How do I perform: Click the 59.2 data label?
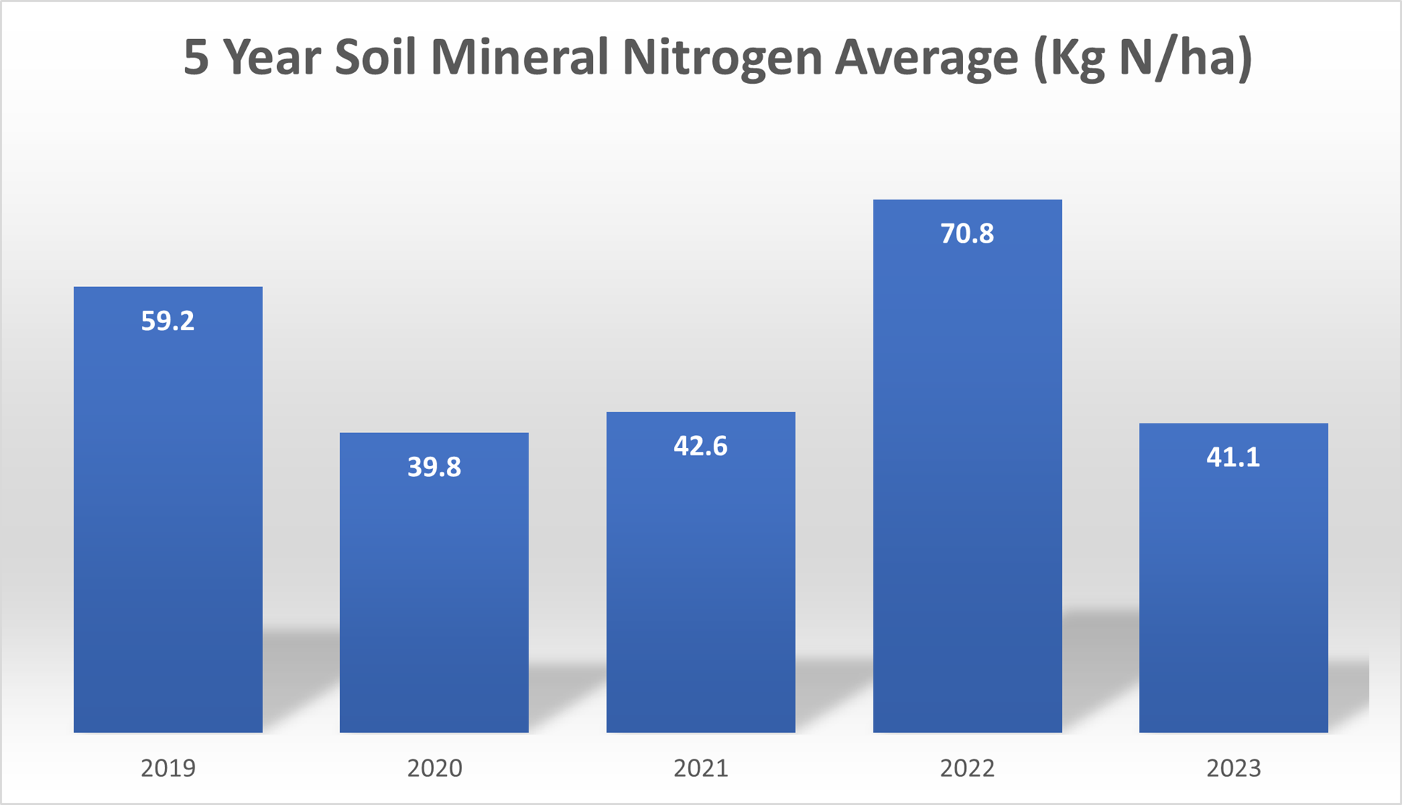click(168, 321)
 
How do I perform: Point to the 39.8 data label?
click(434, 468)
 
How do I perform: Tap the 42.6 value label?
click(701, 447)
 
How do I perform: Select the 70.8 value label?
click(967, 234)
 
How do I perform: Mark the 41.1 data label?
click(1234, 457)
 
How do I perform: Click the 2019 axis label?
click(168, 768)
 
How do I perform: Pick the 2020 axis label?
click(434, 768)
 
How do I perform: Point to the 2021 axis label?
click(701, 768)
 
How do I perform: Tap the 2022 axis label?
click(967, 768)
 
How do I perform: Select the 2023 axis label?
click(1234, 768)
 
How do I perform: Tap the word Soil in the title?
click(375, 56)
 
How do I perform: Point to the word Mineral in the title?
click(518, 56)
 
